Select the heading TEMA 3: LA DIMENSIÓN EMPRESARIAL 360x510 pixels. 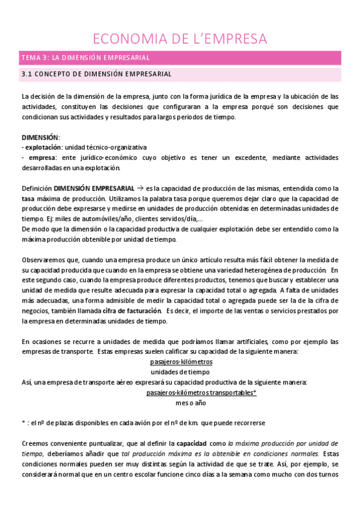click(x=85, y=58)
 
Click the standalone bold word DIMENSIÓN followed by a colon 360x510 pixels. click(x=40, y=137)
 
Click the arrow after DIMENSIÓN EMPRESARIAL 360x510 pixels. click(x=139, y=187)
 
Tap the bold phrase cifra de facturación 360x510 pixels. click(x=140, y=311)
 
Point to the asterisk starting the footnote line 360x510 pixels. click(x=23, y=423)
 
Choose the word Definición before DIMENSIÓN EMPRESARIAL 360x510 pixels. click(x=36, y=188)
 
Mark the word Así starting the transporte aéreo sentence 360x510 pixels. click(x=26, y=382)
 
